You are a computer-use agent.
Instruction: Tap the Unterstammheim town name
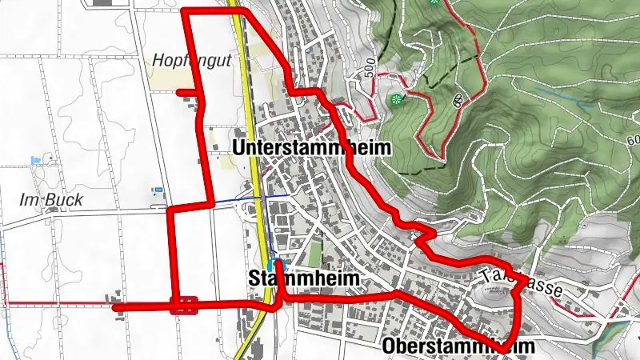pos(311,148)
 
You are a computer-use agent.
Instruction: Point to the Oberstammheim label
pos(458,346)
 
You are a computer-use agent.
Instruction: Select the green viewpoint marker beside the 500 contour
pos(396,99)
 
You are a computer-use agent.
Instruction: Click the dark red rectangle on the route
pos(184,305)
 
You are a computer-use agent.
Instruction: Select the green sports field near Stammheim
pos(314,254)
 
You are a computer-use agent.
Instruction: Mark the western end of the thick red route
pos(114,307)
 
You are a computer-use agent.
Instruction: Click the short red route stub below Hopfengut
pos(185,92)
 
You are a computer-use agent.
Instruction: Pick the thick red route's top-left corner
pos(186,11)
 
